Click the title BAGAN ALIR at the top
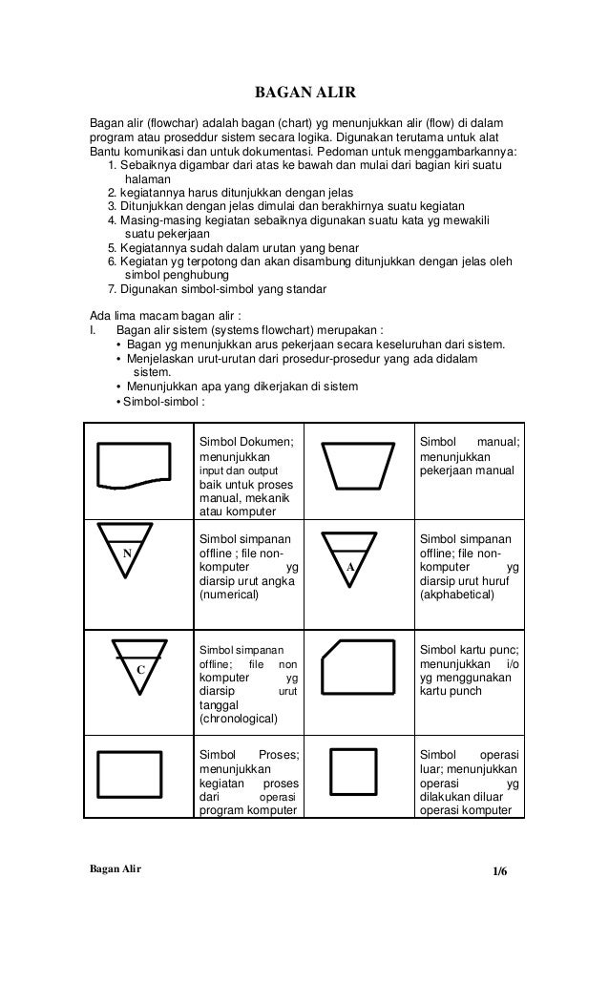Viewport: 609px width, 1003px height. (x=304, y=93)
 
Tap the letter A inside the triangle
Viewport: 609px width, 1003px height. (x=350, y=567)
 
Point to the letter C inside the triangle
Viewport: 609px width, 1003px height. (x=139, y=670)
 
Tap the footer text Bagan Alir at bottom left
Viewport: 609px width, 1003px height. (x=115, y=871)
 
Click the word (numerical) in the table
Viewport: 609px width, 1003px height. (x=228, y=595)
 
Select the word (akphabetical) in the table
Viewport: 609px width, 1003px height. (x=457, y=595)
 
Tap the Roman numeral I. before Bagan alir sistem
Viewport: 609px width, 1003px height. (x=93, y=330)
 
